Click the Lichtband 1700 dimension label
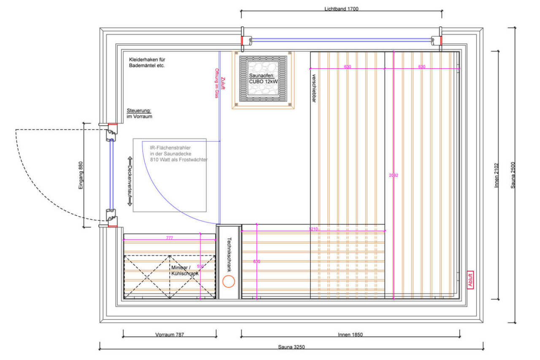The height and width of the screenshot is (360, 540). click(x=341, y=8)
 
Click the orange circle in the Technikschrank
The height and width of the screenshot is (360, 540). click(x=229, y=282)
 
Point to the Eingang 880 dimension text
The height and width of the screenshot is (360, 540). click(x=81, y=176)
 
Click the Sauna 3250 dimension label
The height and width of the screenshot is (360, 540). click(x=291, y=347)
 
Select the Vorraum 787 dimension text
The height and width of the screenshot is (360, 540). click(x=170, y=334)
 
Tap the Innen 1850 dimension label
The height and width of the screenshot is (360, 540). click(x=350, y=334)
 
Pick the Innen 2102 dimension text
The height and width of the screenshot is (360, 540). click(x=497, y=175)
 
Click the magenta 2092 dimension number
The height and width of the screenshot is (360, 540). click(x=393, y=175)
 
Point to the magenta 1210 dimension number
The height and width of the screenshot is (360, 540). click(x=313, y=229)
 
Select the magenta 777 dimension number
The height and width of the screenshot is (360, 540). click(x=169, y=238)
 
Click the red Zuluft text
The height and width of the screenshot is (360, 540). click(x=223, y=83)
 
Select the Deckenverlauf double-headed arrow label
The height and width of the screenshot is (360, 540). click(x=130, y=181)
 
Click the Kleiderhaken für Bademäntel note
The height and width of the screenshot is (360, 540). click(x=147, y=63)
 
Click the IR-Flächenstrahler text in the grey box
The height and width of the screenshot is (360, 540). click(x=170, y=148)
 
